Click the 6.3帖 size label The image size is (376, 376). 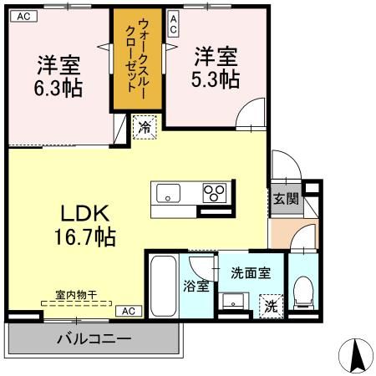(x=58, y=87)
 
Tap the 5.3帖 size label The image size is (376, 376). (x=216, y=79)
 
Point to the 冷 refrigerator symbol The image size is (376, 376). (x=145, y=130)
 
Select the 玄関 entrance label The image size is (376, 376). (x=280, y=199)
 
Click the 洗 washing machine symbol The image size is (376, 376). (x=271, y=305)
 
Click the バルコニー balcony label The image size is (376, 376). (x=94, y=339)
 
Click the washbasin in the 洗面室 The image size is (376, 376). (x=236, y=300)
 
